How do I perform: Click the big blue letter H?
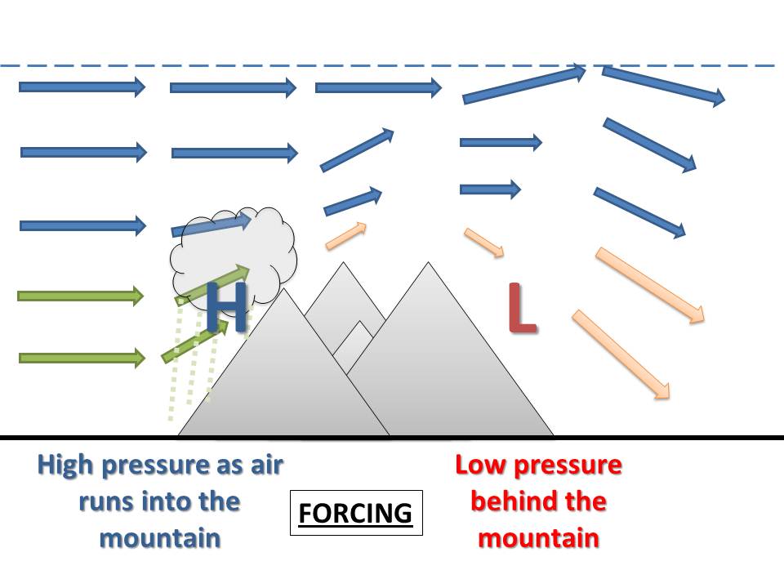pyautogui.click(x=226, y=308)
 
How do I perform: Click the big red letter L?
pyautogui.click(x=522, y=309)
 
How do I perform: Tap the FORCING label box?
pyautogui.click(x=356, y=513)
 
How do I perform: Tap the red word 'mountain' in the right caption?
pyautogui.click(x=539, y=537)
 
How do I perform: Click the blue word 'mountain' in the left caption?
pyautogui.click(x=160, y=537)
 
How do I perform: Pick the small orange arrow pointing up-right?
pyautogui.click(x=346, y=235)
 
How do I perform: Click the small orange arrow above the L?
pyautogui.click(x=485, y=243)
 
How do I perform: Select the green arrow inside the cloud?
pyautogui.click(x=220, y=280)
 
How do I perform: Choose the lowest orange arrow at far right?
pyautogui.click(x=621, y=354)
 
